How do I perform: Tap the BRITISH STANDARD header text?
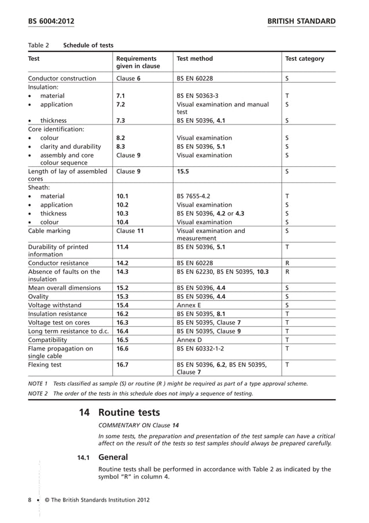point(301,21)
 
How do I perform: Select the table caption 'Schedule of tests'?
point(88,45)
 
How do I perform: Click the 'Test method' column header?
point(194,58)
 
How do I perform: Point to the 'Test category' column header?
point(305,58)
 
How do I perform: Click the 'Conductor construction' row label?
point(62,78)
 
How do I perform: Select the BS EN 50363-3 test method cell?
point(197,96)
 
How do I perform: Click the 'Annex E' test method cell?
point(189,305)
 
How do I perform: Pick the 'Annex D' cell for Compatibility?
point(189,339)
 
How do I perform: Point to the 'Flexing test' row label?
point(46,365)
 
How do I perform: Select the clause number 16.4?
point(122,331)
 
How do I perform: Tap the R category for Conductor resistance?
point(287,262)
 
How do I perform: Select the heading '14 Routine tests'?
point(119,413)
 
